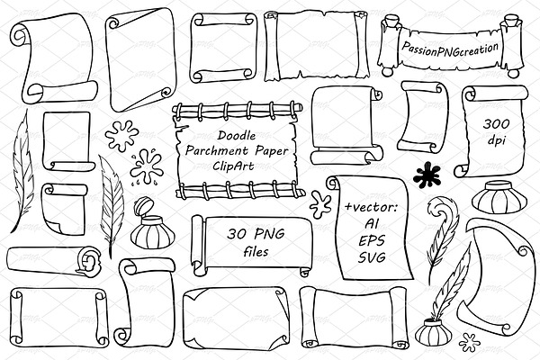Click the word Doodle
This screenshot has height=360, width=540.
(x=237, y=135)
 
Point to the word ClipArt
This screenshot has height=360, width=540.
(x=233, y=166)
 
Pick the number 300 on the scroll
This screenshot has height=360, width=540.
(x=496, y=123)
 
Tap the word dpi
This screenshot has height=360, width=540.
(x=497, y=139)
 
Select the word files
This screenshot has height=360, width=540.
(x=256, y=251)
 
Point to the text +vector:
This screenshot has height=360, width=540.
(x=372, y=207)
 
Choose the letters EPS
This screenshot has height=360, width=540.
(x=372, y=241)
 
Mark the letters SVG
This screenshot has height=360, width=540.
(x=372, y=257)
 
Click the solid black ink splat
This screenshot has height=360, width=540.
(x=427, y=175)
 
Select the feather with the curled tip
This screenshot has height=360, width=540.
(x=442, y=232)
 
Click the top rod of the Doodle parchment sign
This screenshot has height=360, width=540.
(x=238, y=109)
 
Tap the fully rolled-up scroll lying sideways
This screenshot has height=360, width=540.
(x=54, y=261)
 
